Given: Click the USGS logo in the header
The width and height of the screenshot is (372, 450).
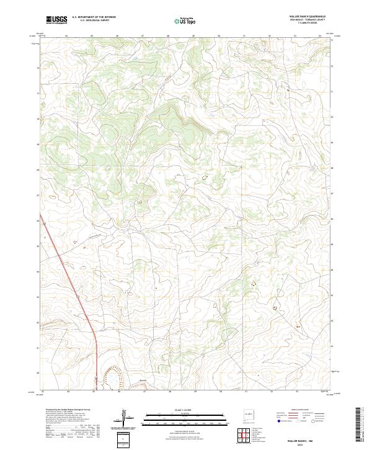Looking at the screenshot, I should point(56,20).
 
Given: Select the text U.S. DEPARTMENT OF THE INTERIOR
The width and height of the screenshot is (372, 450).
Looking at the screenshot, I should point(94,17).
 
